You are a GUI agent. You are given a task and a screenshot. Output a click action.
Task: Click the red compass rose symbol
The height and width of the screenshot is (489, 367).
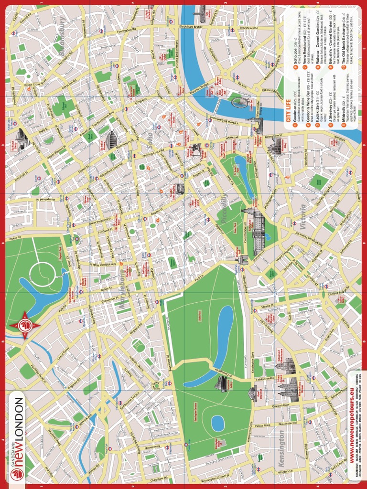click(x=24, y=326)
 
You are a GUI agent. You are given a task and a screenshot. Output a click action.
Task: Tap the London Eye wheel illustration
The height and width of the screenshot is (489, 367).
click(x=240, y=102)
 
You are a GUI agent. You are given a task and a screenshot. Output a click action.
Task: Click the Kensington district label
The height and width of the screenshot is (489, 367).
click(x=281, y=449)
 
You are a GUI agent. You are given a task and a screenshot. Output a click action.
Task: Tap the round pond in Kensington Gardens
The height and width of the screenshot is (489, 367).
click(x=218, y=423)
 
